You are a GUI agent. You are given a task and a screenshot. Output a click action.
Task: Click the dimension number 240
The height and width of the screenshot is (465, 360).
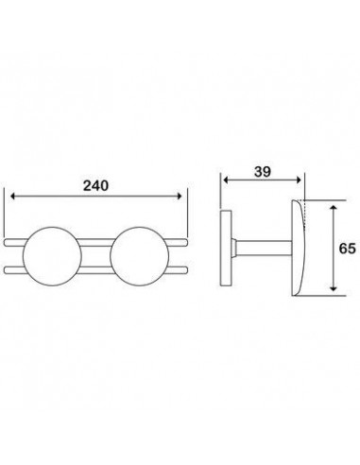click(95, 185)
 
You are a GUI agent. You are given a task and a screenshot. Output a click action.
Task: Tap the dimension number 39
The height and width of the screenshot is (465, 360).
click(263, 172)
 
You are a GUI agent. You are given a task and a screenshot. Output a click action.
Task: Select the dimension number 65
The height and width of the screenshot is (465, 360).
click(348, 249)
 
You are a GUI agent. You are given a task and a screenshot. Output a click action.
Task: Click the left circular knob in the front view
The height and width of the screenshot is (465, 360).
click(52, 256)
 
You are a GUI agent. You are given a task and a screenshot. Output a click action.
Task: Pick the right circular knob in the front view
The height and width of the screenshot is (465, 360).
click(139, 256)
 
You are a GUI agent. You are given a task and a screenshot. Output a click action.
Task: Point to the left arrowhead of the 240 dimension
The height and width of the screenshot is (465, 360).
click(12, 196)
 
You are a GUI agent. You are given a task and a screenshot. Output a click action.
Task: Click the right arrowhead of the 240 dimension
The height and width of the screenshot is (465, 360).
click(180, 196)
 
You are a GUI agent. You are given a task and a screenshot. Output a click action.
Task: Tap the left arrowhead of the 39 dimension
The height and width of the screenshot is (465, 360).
click(226, 180)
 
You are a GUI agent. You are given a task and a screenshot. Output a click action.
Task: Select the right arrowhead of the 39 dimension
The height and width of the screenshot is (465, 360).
click(300, 180)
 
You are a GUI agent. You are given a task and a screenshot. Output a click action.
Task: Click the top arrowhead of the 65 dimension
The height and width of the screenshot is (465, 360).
click(334, 207)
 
